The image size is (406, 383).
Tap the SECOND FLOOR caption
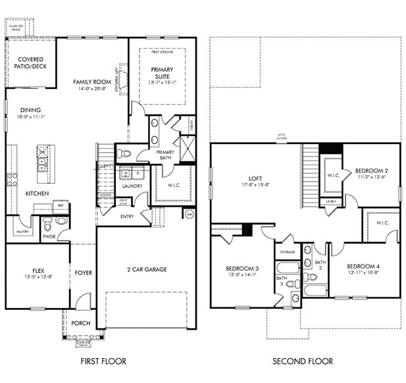pos(304,361)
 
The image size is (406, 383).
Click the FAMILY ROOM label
pos(91,82)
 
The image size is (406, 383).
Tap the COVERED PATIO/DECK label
pos(30,63)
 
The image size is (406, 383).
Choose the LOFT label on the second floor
pos(255,178)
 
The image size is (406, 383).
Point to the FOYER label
pos(83,272)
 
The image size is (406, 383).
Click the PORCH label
pos(81,323)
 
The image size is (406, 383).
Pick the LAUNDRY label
pos(134,186)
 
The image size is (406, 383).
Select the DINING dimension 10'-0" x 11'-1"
pos(30,116)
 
